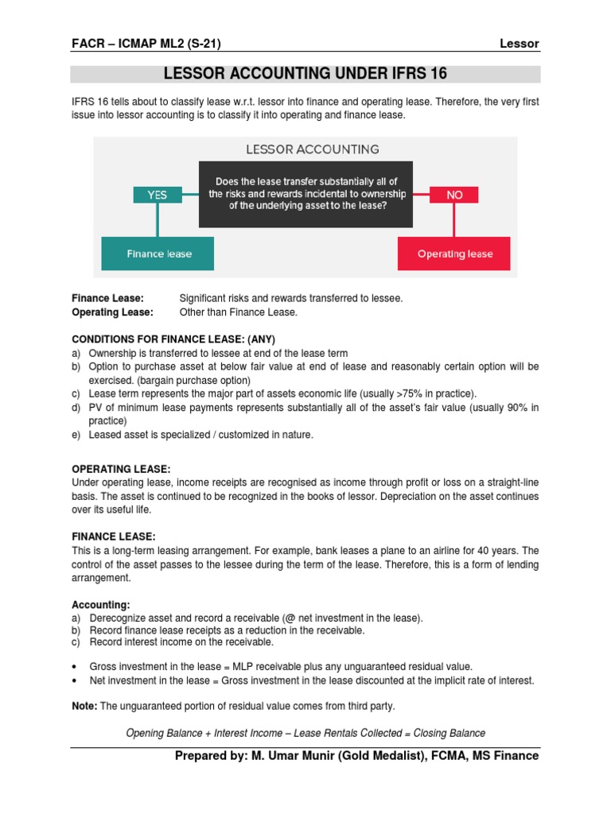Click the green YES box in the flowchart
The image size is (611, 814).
tap(157, 195)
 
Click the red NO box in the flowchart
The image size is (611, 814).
tap(454, 195)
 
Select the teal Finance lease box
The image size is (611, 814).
tap(158, 254)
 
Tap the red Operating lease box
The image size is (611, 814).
tap(455, 254)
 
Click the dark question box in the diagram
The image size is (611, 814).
tap(305, 194)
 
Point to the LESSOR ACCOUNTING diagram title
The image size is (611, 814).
tap(312, 149)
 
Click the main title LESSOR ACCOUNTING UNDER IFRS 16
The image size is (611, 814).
tap(305, 74)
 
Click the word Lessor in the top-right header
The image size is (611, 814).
tap(520, 44)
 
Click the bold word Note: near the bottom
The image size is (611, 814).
tap(85, 706)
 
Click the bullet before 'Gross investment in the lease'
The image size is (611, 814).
tap(74, 666)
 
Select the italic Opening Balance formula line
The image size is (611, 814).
tap(305, 733)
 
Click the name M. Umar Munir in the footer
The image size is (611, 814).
tap(298, 756)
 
